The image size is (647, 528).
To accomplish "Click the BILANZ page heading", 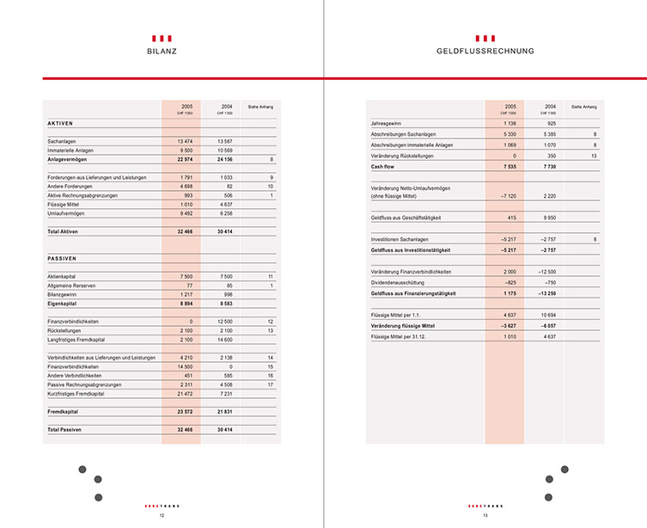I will (162, 52).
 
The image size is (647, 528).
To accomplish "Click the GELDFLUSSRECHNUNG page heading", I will (485, 52).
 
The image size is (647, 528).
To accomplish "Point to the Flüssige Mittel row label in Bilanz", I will (64, 205).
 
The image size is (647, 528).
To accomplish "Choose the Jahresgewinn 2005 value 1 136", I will (509, 125).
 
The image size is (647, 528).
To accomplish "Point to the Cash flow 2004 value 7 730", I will (546, 166).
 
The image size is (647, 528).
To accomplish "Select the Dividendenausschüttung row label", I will (400, 282).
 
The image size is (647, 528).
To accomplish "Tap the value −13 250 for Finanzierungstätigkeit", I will (544, 293).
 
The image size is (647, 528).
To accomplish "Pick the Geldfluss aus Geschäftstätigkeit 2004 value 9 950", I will (546, 218).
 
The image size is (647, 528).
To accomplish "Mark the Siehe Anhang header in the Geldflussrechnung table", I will (583, 107).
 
